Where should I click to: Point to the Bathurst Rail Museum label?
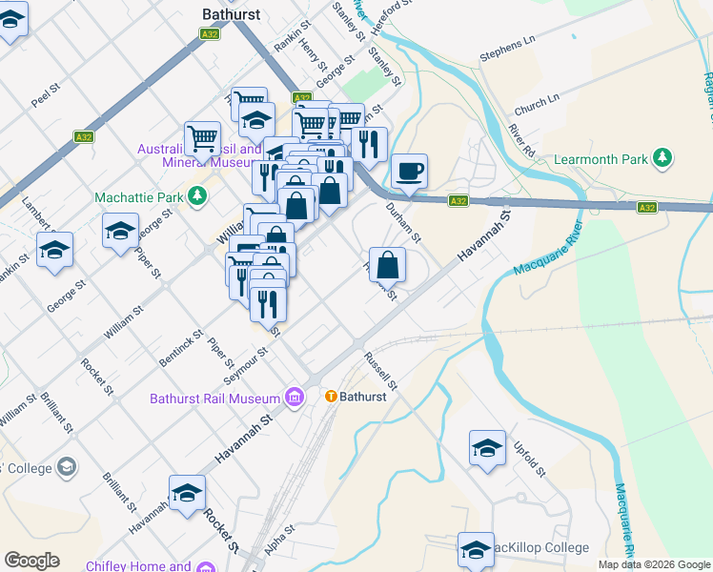click(214, 398)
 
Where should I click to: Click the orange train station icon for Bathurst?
click(331, 397)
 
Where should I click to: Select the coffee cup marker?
click(410, 172)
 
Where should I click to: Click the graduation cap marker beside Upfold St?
click(487, 448)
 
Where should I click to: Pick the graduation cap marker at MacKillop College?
click(476, 549)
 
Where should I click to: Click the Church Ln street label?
click(537, 102)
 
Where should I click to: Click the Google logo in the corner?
click(31, 561)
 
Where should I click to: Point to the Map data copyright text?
click(654, 564)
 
